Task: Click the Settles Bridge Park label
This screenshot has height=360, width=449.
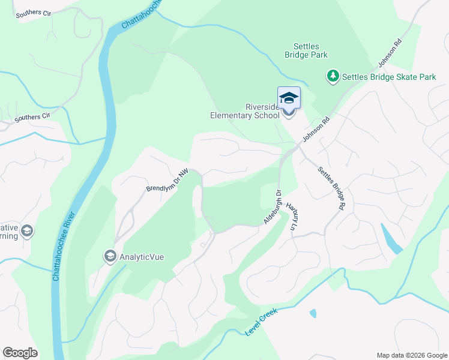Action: click(310, 50)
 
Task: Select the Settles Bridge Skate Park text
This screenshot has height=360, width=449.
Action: click(388, 77)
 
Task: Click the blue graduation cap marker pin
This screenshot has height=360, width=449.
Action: click(289, 98)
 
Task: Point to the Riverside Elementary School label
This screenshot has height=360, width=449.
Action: click(245, 112)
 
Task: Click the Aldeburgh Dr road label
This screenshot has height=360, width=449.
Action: click(273, 207)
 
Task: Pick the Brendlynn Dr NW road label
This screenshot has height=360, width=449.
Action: click(167, 181)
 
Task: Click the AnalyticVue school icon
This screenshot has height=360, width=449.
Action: click(110, 256)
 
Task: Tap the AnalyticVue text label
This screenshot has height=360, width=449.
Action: click(142, 257)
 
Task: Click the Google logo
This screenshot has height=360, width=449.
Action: click(20, 353)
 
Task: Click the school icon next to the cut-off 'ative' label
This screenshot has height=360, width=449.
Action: click(26, 231)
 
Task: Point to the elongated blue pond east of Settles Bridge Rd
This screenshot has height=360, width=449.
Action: click(391, 239)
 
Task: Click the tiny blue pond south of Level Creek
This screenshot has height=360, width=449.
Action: click(313, 313)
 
